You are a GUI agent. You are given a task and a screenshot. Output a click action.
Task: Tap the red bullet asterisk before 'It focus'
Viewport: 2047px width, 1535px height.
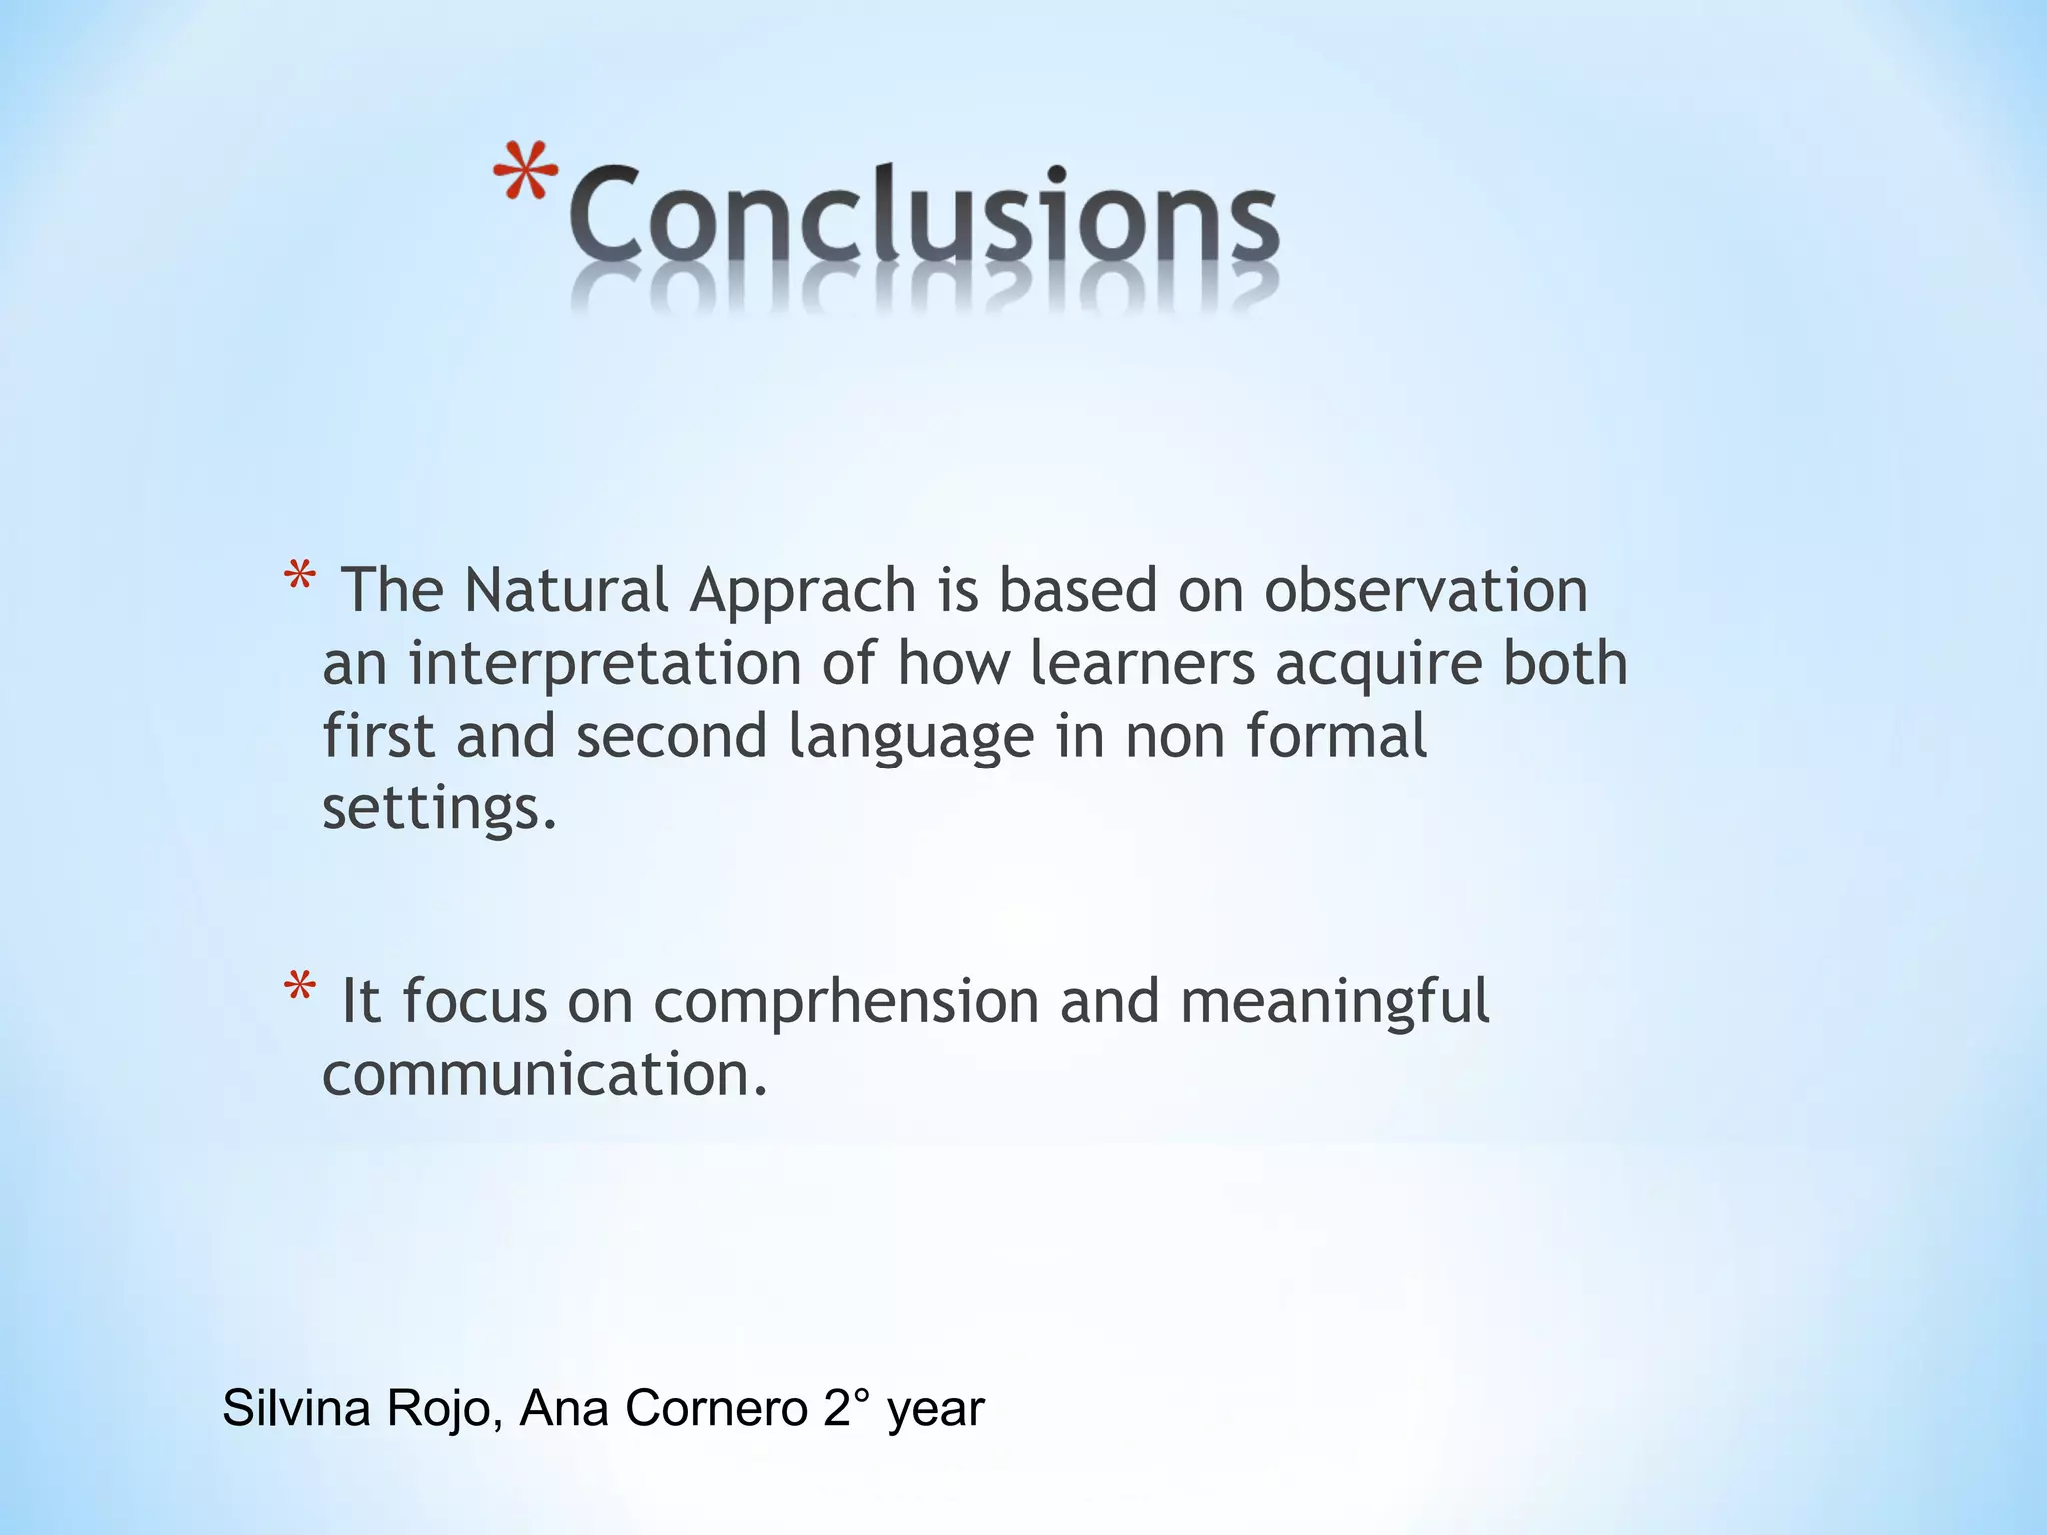click(x=299, y=990)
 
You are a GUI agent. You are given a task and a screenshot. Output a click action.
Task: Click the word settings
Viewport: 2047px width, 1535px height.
click(x=438, y=809)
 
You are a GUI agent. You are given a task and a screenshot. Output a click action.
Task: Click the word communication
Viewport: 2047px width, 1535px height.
click(x=544, y=1074)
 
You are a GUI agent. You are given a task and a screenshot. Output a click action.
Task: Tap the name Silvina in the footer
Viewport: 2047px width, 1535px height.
click(x=296, y=1408)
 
